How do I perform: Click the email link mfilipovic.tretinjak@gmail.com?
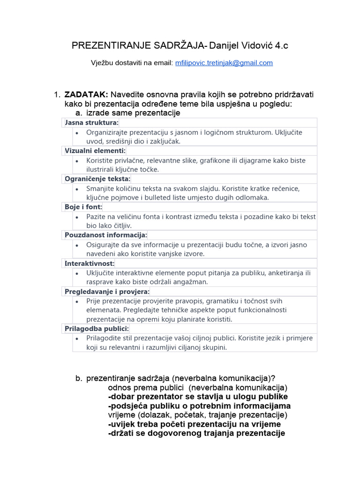[224, 63]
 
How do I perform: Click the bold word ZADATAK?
[86, 95]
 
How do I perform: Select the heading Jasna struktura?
[92, 123]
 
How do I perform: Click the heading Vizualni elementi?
[95, 151]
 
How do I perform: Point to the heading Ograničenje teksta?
[97, 179]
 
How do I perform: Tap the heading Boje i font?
[83, 207]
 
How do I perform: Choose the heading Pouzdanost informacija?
[106, 235]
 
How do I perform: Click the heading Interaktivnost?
[90, 263]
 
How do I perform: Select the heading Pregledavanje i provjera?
[107, 292]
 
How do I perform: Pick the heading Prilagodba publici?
[97, 329]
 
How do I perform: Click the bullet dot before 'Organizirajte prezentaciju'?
[77, 133]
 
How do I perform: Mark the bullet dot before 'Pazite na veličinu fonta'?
[77, 217]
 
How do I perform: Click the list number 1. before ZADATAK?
[58, 95]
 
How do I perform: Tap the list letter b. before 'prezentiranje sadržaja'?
[79, 379]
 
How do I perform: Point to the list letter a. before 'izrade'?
[79, 113]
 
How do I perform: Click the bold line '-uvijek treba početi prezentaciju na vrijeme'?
[195, 424]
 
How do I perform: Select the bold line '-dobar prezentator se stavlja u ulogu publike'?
[198, 397]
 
